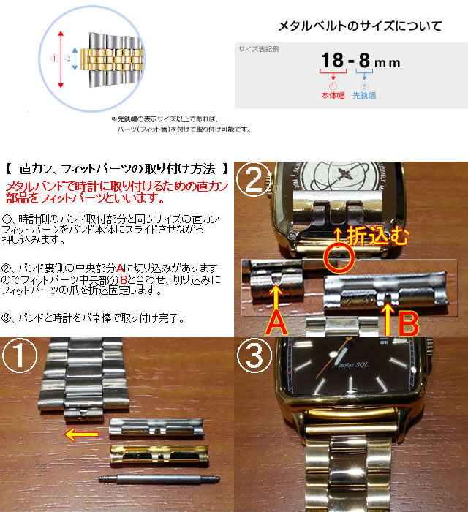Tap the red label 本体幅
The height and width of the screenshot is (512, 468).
[333, 95]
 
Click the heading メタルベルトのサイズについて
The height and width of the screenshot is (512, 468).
[359, 27]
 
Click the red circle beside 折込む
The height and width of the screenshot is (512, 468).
[338, 257]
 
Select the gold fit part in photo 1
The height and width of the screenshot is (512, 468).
[156, 454]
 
